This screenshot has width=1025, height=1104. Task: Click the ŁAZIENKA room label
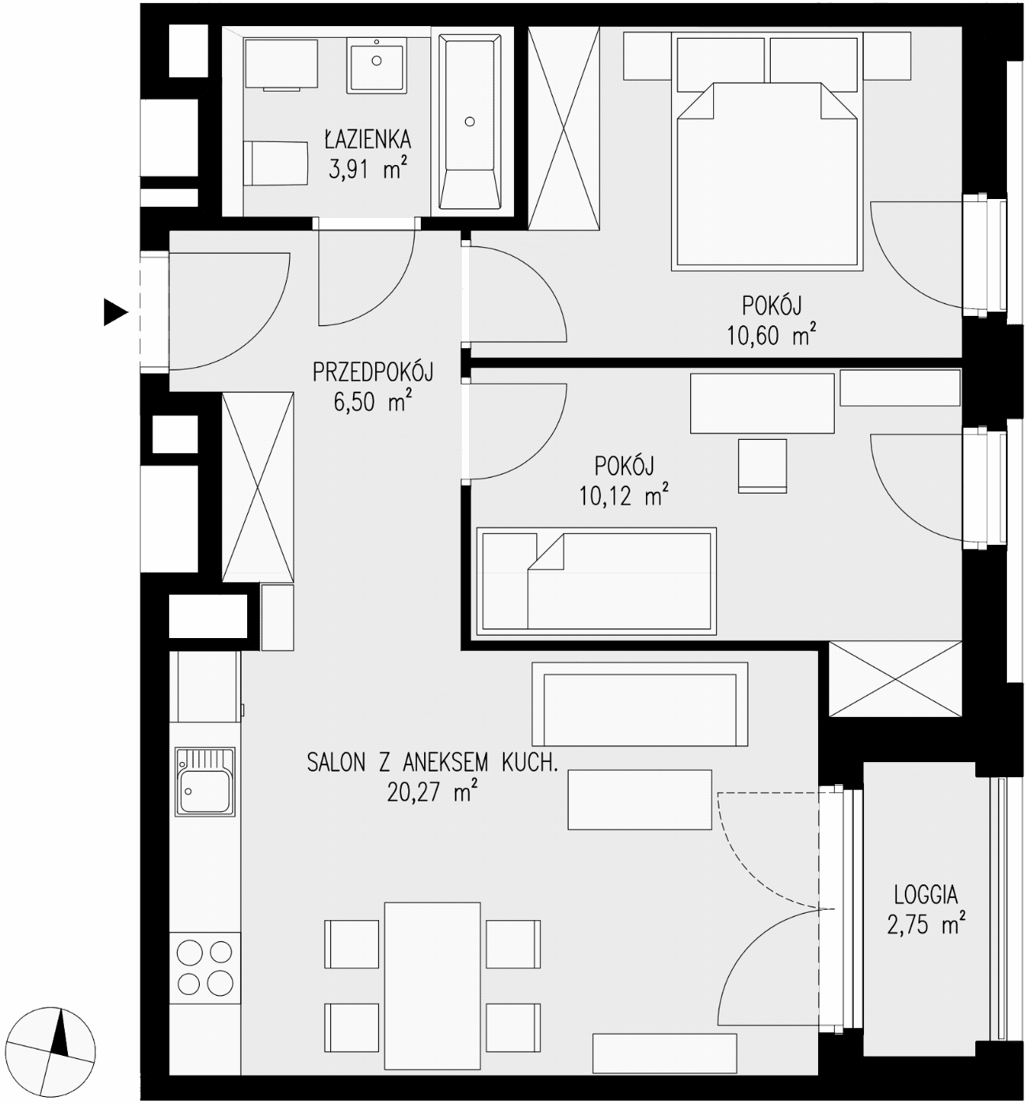368,139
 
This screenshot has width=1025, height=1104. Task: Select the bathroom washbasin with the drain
377,65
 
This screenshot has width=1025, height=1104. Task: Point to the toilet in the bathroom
276,163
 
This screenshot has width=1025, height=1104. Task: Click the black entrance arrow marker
115,312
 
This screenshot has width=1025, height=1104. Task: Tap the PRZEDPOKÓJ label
373,373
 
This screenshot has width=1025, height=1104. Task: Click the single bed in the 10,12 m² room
596,581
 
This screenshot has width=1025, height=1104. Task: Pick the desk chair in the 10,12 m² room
762,466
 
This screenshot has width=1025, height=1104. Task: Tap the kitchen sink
205,782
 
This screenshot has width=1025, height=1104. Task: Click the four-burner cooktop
205,968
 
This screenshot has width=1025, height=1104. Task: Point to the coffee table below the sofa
640,800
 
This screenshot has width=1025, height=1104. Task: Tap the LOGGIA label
926,896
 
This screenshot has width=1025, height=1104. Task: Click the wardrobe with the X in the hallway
257,487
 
